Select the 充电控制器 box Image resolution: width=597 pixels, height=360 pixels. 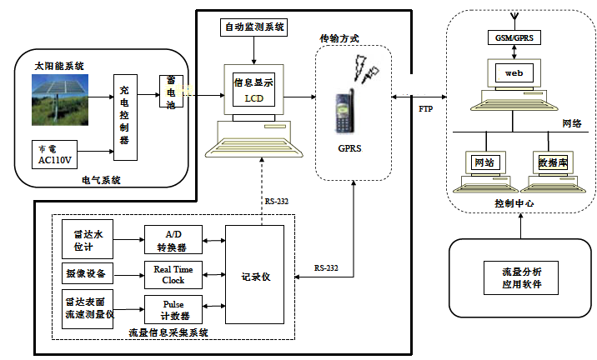[125, 117]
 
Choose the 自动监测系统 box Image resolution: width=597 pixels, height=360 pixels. [254, 27]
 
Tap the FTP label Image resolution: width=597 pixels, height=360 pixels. [425, 108]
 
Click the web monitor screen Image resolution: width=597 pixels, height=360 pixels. [513, 73]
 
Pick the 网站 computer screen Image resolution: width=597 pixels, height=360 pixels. [482, 162]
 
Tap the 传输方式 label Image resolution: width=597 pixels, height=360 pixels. [339, 39]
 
